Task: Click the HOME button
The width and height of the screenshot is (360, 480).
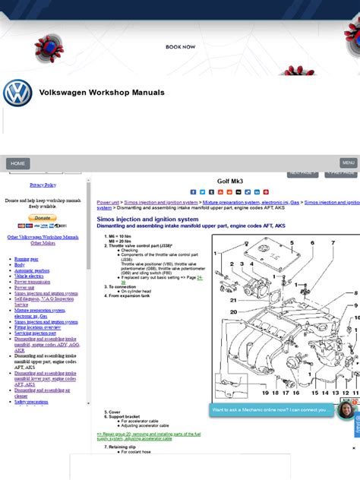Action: (x=18, y=163)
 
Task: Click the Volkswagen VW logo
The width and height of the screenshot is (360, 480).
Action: (x=17, y=93)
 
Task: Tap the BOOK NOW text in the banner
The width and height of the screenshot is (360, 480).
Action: (x=181, y=47)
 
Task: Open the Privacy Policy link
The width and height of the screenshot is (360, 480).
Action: (x=43, y=185)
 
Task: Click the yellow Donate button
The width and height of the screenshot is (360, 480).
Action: (x=43, y=218)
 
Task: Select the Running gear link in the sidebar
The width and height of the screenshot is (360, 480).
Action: (x=26, y=259)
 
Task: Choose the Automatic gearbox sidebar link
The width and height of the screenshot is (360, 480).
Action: (x=32, y=270)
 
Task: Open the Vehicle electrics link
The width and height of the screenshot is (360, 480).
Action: (x=30, y=276)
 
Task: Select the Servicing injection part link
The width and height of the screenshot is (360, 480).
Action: (x=35, y=333)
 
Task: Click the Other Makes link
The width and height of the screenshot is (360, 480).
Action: (x=43, y=243)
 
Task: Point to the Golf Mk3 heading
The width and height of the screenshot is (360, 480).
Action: (x=229, y=182)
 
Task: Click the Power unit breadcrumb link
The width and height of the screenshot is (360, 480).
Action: (x=108, y=203)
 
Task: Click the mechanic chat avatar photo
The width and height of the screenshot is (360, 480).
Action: (x=346, y=410)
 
